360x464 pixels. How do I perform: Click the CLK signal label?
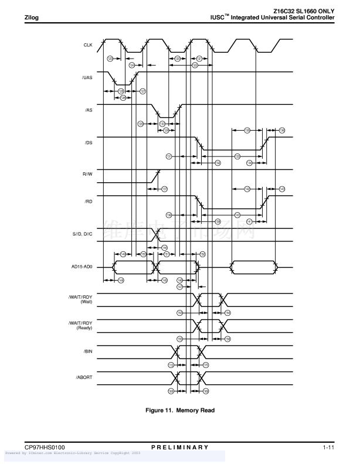pos(89,45)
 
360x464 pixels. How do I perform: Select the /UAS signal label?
pos(87,78)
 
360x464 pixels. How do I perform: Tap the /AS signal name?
pos(88,110)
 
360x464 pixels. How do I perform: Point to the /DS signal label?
pos(88,142)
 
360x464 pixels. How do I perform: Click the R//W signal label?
pos(87,175)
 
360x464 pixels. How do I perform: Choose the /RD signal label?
pos(88,202)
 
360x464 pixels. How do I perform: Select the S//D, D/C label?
pos(81,234)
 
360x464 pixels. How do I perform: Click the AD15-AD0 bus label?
pos(82,267)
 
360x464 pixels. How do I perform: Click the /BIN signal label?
pos(88,351)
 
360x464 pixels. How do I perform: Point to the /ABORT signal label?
pos(85,377)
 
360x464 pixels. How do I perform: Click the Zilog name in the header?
pos(31,18)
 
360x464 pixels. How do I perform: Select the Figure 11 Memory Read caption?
pos(180,410)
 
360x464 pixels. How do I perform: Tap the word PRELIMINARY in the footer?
pos(179,448)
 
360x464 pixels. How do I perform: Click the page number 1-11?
pos(328,448)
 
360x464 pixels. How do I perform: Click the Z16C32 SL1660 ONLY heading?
pos(304,11)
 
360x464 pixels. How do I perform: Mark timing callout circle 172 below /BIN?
pos(171,365)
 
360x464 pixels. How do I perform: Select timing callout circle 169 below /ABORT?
pos(206,391)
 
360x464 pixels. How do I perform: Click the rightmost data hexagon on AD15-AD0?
pos(254,267)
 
